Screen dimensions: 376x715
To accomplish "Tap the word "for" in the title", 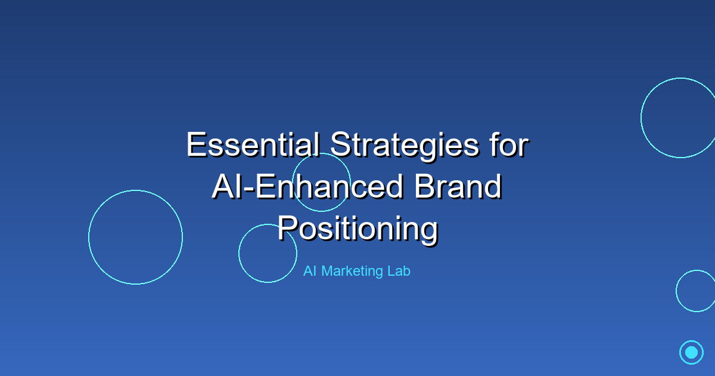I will pos(509,145).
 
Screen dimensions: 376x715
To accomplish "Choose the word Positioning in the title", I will pos(357,229).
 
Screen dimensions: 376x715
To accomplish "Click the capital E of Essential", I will pos(195,145).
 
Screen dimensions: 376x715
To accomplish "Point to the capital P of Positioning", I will pos(287,229).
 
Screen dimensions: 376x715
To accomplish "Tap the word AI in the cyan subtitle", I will pos(309,271).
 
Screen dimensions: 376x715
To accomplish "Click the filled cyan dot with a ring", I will pos(691,352).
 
